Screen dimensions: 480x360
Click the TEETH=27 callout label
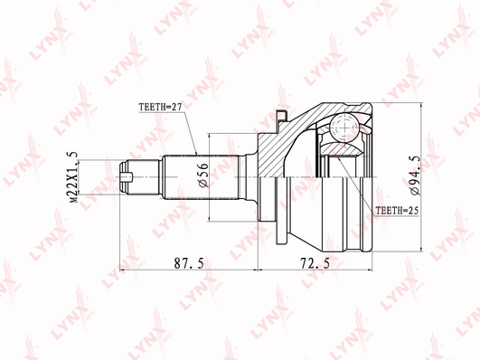(x=160, y=108)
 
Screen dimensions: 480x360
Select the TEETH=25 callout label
(x=397, y=211)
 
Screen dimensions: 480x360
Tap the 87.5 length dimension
(x=189, y=263)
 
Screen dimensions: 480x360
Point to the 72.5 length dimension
(x=315, y=263)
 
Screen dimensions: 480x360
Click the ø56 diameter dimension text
(x=203, y=175)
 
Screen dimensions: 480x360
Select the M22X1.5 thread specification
(x=74, y=176)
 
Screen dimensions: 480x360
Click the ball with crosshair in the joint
(x=344, y=128)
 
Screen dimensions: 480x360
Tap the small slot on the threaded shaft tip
(x=127, y=176)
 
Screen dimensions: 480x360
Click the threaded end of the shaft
(x=139, y=177)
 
